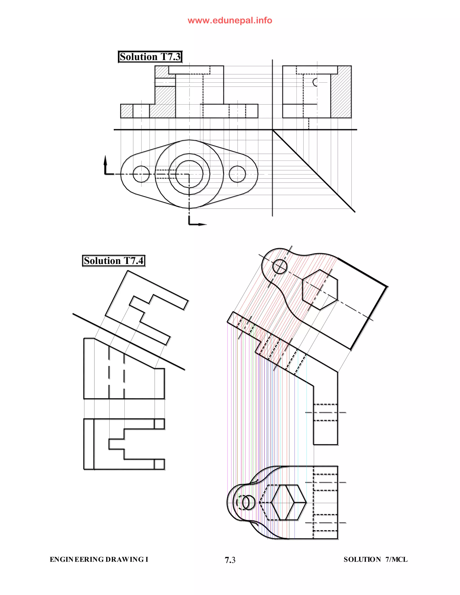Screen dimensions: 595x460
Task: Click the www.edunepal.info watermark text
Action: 230,20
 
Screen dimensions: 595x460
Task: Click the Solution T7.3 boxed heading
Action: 150,57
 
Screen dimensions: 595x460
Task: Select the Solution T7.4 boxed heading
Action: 114,261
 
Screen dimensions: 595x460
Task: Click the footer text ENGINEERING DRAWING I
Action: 99,560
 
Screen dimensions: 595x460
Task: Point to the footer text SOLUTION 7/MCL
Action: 375,560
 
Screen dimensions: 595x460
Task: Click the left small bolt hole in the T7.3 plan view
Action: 141,174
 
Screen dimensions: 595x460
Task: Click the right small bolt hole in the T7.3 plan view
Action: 237,174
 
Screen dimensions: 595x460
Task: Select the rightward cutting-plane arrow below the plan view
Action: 202,224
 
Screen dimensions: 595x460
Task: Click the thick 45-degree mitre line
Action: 313,171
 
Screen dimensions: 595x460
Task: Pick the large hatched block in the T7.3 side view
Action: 341,92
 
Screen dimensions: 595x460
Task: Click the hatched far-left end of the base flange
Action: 126,111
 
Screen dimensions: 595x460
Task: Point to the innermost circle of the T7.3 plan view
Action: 189,174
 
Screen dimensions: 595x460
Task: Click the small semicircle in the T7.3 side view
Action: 315,82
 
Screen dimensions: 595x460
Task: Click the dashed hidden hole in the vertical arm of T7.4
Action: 325,412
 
